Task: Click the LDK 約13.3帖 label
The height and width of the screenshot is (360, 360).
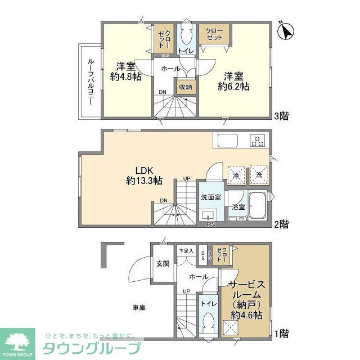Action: point(144,175)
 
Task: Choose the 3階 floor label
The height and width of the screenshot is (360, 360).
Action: point(282,116)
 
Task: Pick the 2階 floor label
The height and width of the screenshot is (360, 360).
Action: point(282,224)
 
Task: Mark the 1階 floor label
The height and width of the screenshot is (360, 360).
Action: point(282,334)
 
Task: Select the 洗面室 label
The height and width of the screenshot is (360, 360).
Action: point(211,197)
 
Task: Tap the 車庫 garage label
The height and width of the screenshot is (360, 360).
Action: point(139,308)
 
